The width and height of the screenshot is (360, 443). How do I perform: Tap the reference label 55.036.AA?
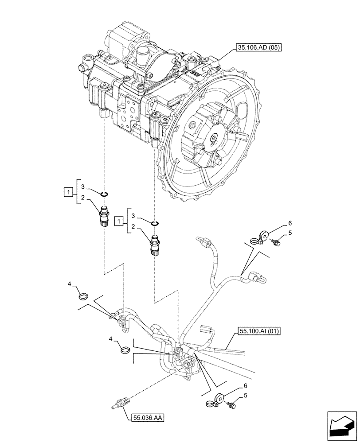click(x=147, y=417)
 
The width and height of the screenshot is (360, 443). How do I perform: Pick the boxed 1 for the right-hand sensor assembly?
click(x=117, y=220)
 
